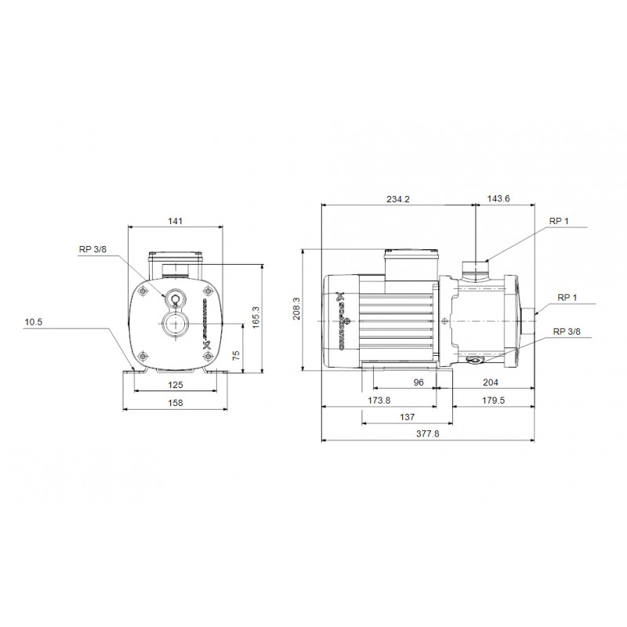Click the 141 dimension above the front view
point(176,222)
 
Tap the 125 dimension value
point(176,385)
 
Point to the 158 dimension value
point(176,403)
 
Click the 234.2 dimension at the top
point(398,199)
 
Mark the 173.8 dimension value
point(379,400)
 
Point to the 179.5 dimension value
point(491,400)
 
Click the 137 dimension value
point(406,418)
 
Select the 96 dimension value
point(419,382)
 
